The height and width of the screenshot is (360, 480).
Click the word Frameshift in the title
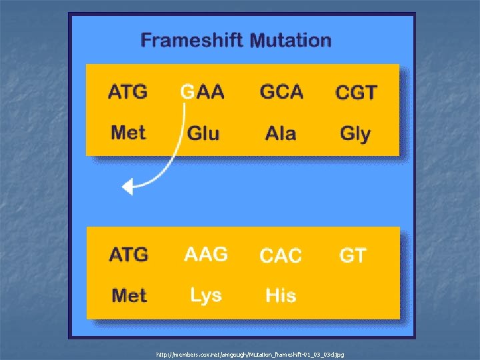point(191,40)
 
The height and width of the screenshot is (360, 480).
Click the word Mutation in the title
point(290,40)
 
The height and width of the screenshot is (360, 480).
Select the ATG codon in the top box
point(128,91)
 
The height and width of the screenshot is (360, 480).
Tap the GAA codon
point(203,92)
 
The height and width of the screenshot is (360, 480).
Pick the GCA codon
point(281,91)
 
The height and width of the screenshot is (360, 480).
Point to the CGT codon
point(356,93)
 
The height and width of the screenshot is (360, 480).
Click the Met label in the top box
point(128,132)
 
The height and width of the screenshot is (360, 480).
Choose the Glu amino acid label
point(203,133)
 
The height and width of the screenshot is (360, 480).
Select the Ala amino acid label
point(281,133)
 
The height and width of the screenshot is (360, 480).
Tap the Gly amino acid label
point(355,134)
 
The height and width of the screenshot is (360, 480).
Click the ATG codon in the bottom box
point(129,255)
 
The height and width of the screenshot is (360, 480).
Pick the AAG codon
point(206,254)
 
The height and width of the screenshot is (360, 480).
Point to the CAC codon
point(281,255)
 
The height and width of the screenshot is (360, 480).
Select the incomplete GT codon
point(353,255)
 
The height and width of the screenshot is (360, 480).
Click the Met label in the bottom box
point(129,295)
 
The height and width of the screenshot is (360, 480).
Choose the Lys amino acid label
point(205,295)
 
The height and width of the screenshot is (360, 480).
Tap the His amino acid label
point(281,295)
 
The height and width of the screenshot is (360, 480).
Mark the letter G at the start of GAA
point(187,92)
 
